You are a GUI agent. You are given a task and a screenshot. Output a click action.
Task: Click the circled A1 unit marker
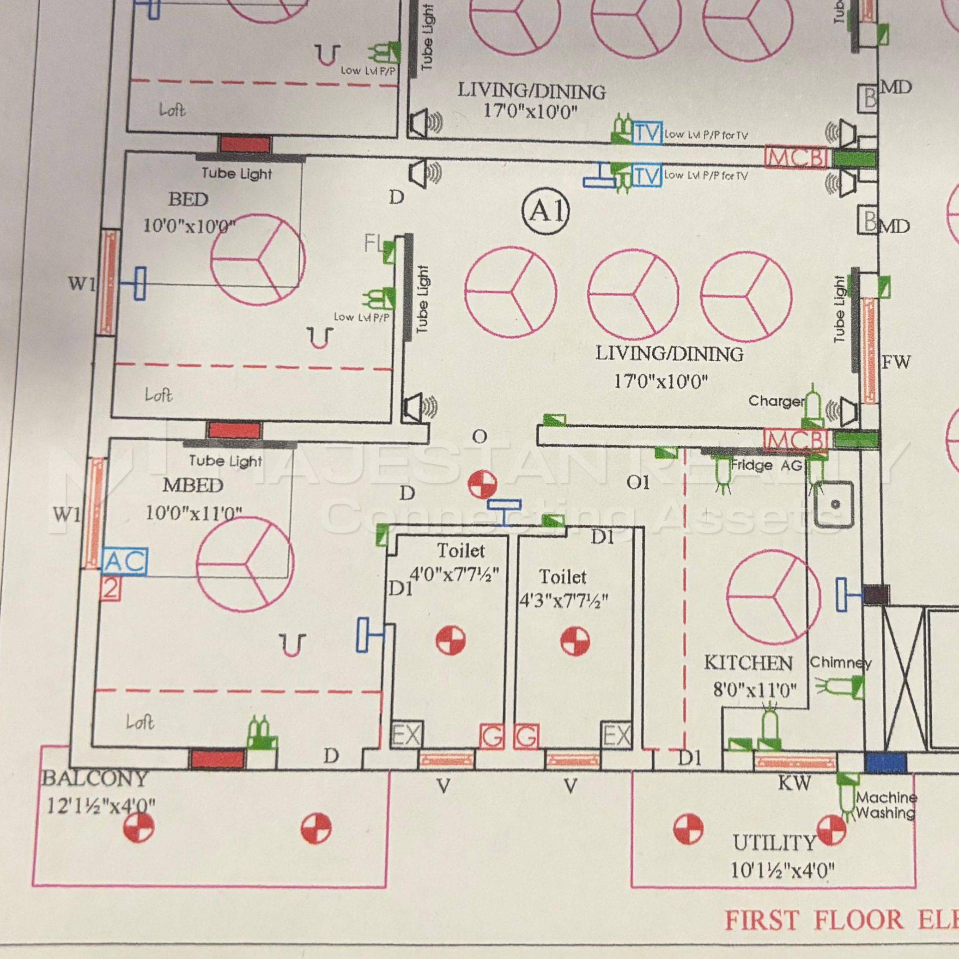[546, 212]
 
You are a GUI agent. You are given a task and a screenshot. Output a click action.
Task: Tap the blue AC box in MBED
[126, 561]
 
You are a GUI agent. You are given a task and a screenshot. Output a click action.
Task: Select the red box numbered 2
[111, 589]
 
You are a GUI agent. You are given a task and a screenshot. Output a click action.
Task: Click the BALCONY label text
[95, 778]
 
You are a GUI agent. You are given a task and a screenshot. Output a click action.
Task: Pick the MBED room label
[193, 486]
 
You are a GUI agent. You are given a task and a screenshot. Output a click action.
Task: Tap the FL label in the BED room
[372, 244]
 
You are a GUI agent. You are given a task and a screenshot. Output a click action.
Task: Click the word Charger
[776, 401]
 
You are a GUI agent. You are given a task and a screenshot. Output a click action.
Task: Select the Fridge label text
[752, 465]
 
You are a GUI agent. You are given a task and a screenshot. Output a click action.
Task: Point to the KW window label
[794, 783]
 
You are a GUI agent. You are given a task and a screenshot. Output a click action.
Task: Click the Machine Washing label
[886, 805]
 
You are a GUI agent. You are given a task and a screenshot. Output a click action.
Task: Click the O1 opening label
[638, 482]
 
